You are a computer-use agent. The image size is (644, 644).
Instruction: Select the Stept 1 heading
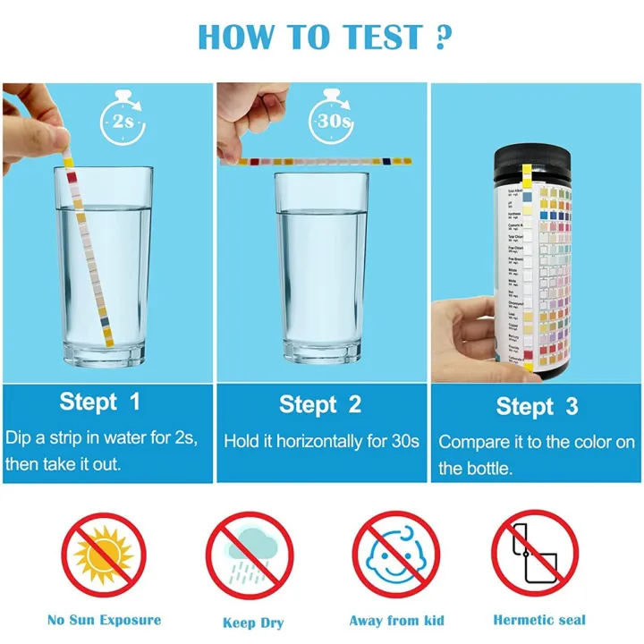(100, 402)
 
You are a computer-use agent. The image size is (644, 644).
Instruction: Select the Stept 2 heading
(320, 404)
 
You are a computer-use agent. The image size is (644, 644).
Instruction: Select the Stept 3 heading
(537, 407)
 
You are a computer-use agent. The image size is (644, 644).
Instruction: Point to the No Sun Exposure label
(105, 620)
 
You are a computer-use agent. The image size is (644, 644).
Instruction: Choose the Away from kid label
(396, 621)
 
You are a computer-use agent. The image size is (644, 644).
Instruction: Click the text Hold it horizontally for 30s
(321, 441)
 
